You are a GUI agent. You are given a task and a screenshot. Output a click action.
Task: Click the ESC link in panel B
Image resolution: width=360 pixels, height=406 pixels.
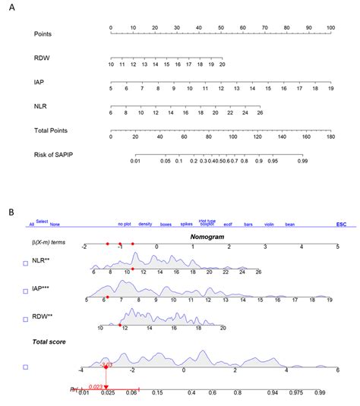coord(341,225)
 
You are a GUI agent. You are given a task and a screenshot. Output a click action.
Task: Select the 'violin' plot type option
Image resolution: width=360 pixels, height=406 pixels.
coord(269,225)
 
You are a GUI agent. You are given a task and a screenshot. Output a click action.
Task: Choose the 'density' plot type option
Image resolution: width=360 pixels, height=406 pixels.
coord(145,225)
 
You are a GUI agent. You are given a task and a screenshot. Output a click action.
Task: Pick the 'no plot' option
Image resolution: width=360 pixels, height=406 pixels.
coord(125,225)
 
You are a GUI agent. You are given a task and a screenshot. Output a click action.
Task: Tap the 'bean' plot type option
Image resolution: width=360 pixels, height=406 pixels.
coord(290,225)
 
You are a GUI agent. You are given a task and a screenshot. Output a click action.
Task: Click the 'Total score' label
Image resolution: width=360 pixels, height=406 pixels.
coord(47,342)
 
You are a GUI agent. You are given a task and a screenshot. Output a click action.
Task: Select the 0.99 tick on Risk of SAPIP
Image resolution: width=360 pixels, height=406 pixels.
coord(302,160)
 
